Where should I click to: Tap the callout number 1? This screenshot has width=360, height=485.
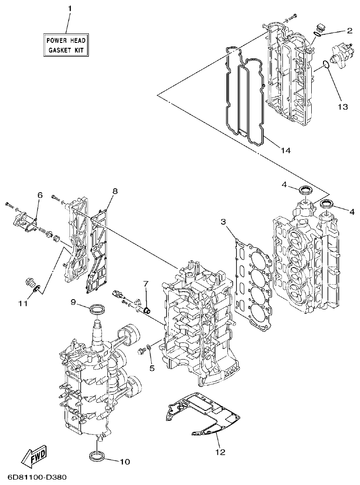(70, 9)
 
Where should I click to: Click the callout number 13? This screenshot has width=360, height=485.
(342, 106)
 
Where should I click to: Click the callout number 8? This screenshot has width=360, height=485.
(115, 191)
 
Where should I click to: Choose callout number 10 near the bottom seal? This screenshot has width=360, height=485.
(125, 462)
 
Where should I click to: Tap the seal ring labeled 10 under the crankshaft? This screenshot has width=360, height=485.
(99, 456)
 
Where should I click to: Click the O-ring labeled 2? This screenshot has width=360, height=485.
(318, 32)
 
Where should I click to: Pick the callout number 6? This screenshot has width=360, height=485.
(40, 195)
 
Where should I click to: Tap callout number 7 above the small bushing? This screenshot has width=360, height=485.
(146, 283)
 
